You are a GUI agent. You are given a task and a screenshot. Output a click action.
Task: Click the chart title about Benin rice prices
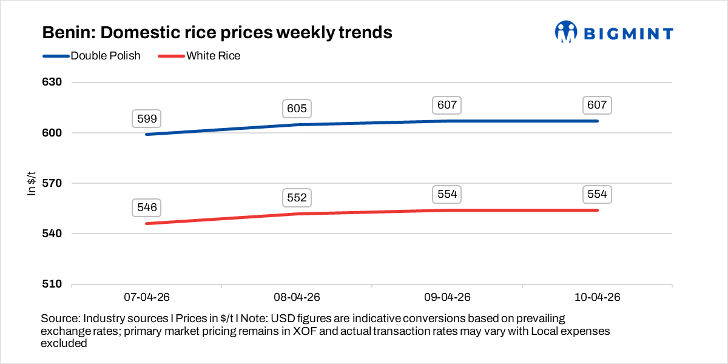217,32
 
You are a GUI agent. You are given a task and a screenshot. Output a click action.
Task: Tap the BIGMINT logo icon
565,32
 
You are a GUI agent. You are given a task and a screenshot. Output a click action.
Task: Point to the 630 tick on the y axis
53,83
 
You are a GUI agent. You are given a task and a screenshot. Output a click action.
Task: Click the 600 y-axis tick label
53,133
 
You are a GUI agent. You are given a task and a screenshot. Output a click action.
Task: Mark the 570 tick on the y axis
53,183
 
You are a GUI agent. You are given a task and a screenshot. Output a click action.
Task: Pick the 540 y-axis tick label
53,234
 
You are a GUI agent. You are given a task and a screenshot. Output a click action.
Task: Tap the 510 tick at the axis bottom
53,284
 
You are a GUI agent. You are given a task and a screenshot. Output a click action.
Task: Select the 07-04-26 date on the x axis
147,298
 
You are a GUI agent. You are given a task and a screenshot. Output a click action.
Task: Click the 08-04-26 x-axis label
297,298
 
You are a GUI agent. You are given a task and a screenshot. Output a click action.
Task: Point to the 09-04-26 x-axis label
447,298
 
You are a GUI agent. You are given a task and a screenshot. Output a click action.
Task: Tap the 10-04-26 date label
597,298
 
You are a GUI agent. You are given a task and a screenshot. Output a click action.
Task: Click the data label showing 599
147,119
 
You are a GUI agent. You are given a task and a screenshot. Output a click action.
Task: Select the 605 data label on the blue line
297,109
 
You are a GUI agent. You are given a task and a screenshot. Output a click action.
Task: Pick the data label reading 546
147,207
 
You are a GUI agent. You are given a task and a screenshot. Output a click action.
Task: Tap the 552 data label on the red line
297,198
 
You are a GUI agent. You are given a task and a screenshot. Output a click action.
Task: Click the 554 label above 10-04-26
597,194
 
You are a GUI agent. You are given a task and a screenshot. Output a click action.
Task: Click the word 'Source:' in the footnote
60,318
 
